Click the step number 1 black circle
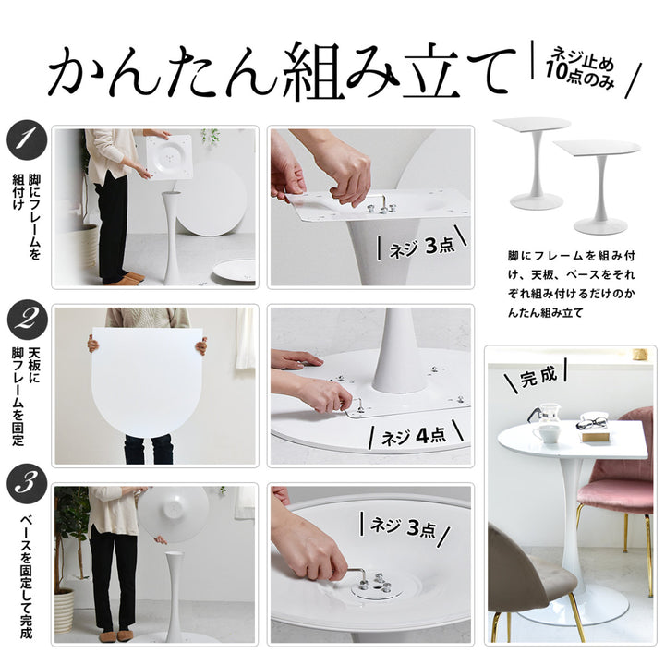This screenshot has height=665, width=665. point(27,140)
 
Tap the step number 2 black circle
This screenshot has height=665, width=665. point(27,320)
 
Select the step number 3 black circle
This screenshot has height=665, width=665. point(27,484)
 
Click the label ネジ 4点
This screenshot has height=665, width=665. point(415,436)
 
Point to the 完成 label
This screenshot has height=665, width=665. point(538,376)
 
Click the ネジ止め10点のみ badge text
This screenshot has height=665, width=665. point(580,68)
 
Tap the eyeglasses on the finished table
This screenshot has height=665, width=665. point(592,423)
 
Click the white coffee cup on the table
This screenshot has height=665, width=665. point(546,434)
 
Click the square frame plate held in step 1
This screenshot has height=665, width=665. point(170,156)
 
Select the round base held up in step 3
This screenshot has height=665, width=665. point(174,514)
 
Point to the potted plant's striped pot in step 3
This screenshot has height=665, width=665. point(64,611)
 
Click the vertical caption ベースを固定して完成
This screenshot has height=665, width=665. point(26,576)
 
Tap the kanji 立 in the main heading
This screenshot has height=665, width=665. point(440,71)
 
